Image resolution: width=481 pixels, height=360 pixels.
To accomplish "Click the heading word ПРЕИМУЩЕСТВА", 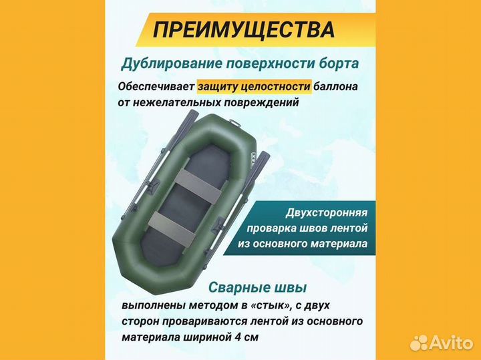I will [244, 30].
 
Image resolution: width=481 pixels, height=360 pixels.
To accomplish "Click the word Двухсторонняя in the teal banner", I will [326, 212].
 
